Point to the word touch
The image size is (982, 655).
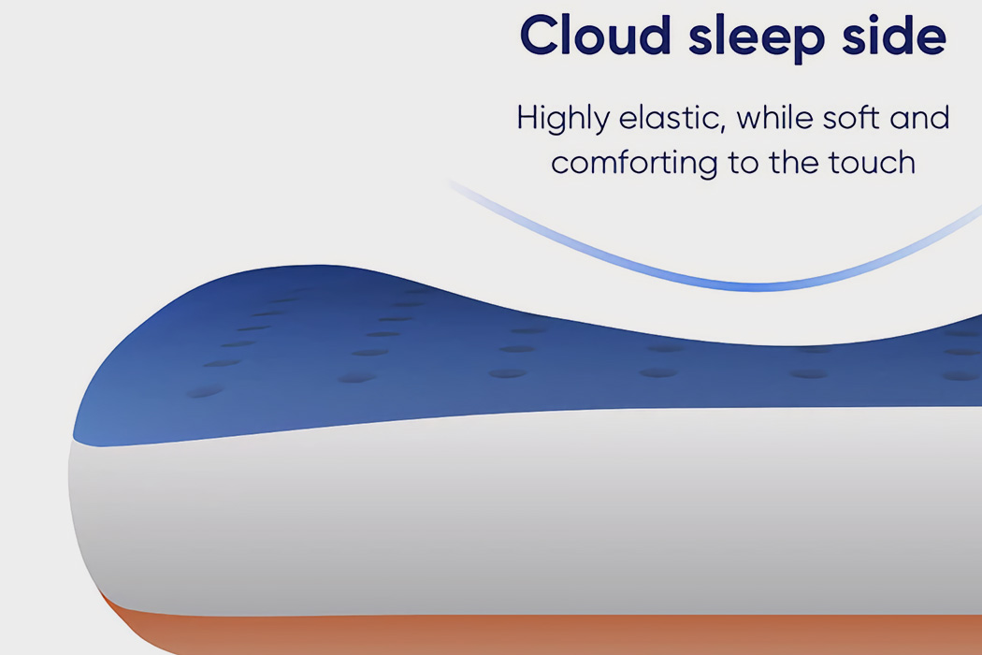click(x=871, y=163)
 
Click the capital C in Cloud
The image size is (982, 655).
click(x=539, y=36)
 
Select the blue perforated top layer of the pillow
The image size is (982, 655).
click(x=374, y=356)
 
